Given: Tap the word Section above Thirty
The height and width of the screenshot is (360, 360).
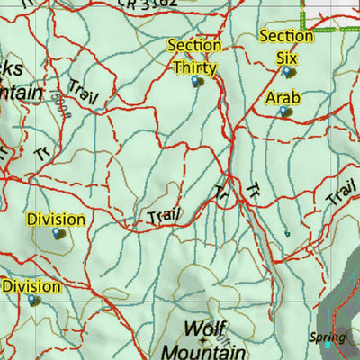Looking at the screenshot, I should tap(194, 45).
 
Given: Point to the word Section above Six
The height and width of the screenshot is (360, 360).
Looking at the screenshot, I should tap(286, 36).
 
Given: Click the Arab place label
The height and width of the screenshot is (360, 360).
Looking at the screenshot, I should tap(282, 97).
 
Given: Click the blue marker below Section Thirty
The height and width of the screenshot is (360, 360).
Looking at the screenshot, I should tap(196, 82).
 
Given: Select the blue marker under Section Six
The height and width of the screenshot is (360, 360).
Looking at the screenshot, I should tap(288, 71).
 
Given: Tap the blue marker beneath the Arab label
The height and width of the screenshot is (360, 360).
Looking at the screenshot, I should tap(283, 112).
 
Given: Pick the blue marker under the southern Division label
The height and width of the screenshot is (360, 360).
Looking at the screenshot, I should tap(33, 300).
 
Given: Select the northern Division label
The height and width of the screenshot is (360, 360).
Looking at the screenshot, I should tap(56, 219).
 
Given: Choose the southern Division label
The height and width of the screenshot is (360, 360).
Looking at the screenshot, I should tap(31, 286).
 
